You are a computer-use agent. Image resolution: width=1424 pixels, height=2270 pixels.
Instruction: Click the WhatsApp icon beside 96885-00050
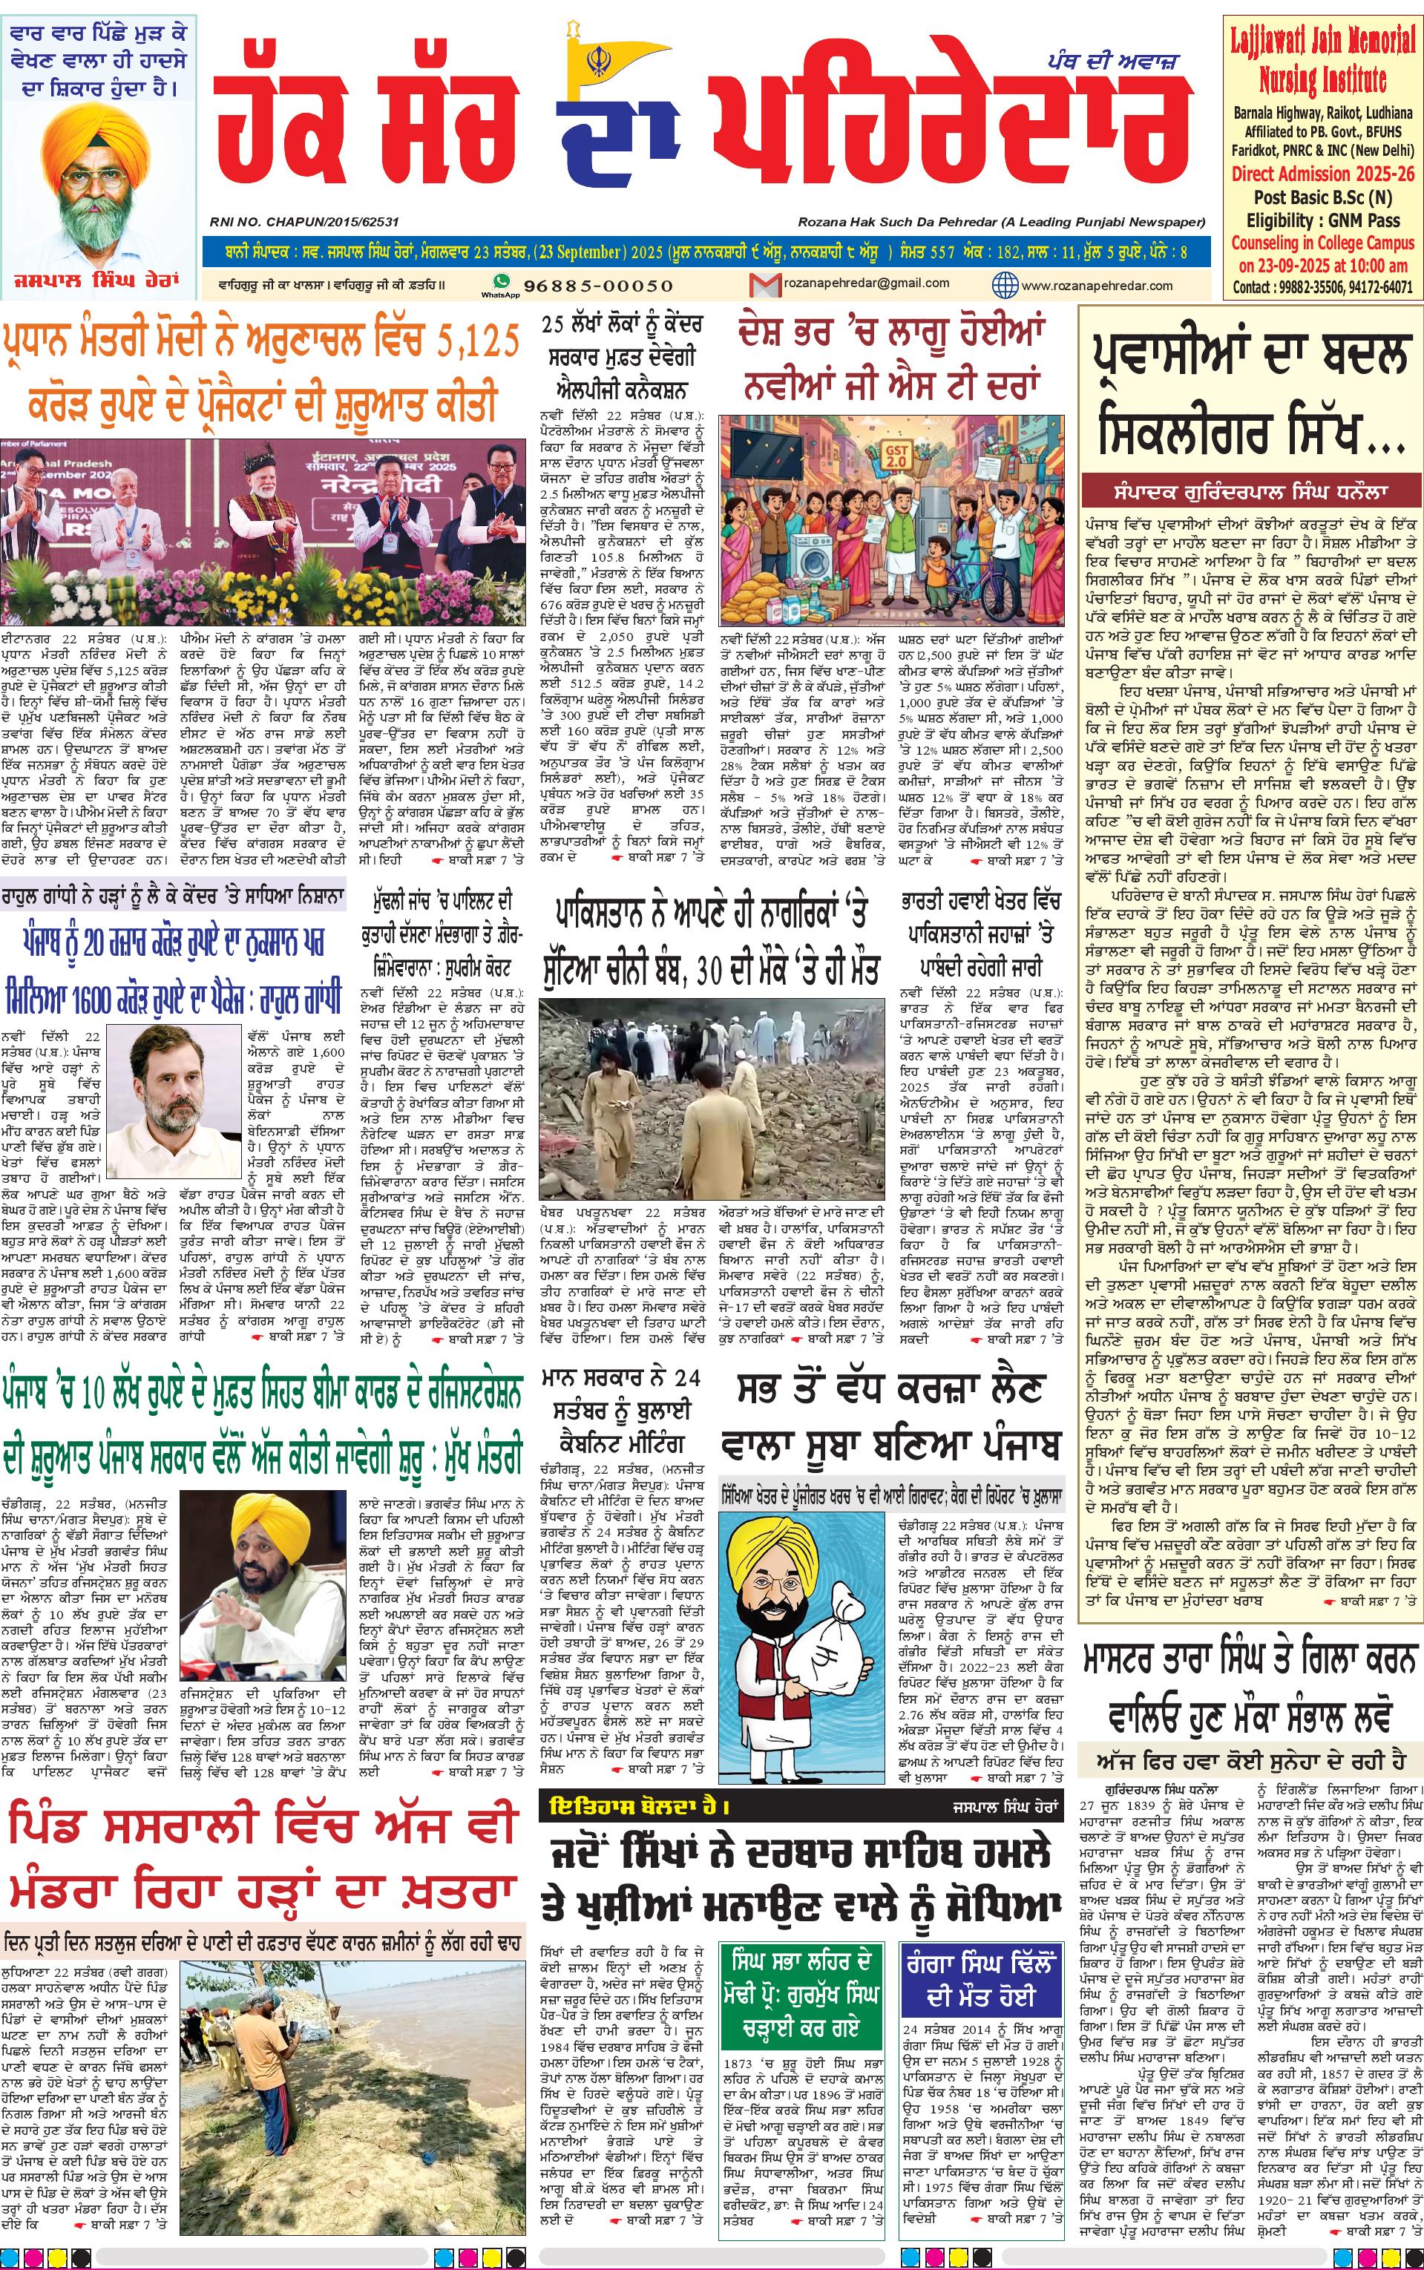[501, 283]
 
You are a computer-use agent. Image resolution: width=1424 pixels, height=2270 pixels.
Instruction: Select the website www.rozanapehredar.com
[1096, 285]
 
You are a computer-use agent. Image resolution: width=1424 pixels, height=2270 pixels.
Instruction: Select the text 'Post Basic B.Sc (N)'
[1322, 197]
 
